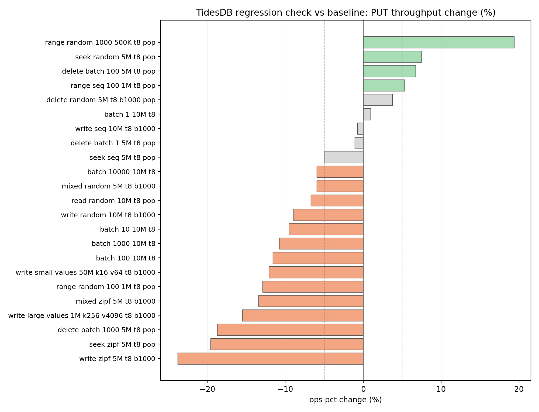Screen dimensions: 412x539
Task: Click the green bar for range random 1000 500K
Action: coord(438,42)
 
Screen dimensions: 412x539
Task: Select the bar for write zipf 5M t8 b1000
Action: coord(270,359)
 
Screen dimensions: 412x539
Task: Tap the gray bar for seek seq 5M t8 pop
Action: coord(344,157)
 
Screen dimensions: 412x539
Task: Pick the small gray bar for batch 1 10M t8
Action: coord(367,114)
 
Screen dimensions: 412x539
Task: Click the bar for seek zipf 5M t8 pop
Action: coord(287,344)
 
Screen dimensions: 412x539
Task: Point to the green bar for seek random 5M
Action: coord(392,57)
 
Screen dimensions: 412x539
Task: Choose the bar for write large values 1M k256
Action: coord(303,315)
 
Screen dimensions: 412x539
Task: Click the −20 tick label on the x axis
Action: coord(207,389)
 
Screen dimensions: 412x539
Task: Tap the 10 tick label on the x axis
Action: coord(441,389)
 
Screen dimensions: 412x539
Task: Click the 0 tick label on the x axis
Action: coord(363,389)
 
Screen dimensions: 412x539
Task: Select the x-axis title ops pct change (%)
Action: coord(345,400)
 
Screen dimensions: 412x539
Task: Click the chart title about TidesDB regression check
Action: coord(345,13)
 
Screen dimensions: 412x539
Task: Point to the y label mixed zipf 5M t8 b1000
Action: coord(115,301)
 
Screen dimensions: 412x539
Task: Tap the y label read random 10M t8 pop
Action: coord(113,201)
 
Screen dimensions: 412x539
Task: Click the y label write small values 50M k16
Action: coord(85,273)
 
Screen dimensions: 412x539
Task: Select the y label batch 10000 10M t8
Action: coord(121,172)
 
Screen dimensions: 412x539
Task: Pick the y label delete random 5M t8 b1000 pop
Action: coord(101,100)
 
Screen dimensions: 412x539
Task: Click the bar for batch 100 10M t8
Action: coord(318,258)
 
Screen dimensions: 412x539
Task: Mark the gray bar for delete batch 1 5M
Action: coord(359,143)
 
